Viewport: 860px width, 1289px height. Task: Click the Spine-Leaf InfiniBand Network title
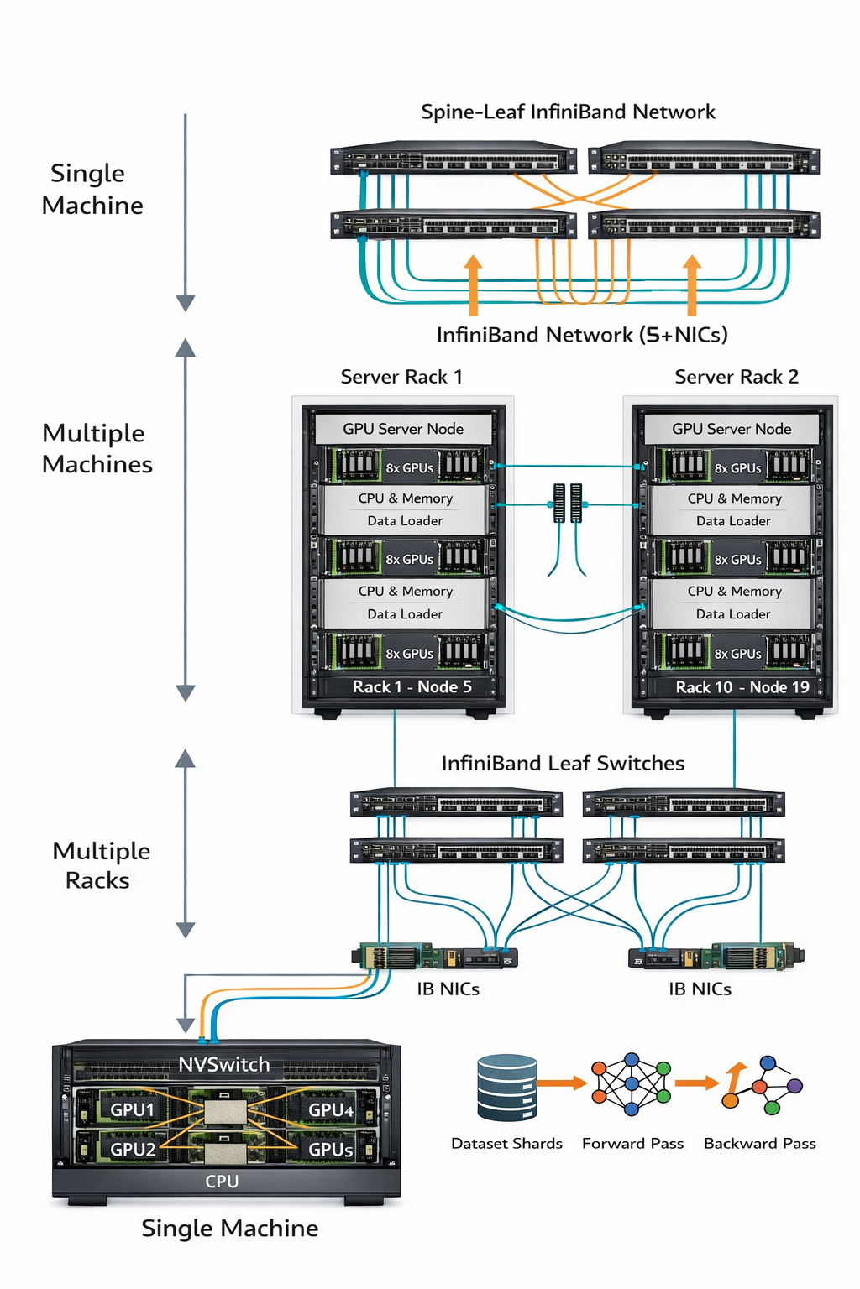[568, 112]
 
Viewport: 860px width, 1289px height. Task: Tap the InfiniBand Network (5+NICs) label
[581, 335]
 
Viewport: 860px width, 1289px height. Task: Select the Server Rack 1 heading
[401, 377]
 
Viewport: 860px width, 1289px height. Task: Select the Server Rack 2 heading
[736, 377]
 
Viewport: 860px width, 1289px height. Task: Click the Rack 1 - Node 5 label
[412, 686]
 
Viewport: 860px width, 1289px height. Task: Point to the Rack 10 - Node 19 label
[742, 687]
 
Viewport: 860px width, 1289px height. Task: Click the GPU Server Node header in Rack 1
[403, 429]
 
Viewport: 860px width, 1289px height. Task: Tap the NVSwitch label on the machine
[224, 1065]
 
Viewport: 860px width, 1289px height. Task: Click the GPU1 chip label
[133, 1109]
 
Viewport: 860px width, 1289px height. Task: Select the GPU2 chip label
[133, 1149]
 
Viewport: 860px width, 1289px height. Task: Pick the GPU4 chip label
[331, 1109]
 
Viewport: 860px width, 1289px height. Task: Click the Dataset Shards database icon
[506, 1088]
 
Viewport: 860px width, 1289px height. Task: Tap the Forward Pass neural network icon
[632, 1083]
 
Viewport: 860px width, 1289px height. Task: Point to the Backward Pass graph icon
[763, 1085]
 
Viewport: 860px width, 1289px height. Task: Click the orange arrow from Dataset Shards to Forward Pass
[562, 1083]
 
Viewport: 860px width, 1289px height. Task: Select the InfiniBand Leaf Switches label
[563, 763]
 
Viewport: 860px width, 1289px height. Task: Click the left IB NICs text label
[448, 989]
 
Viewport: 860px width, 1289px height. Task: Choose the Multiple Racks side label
[101, 865]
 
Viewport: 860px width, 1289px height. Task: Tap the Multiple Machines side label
[97, 448]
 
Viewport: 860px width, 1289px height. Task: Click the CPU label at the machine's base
[222, 1181]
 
